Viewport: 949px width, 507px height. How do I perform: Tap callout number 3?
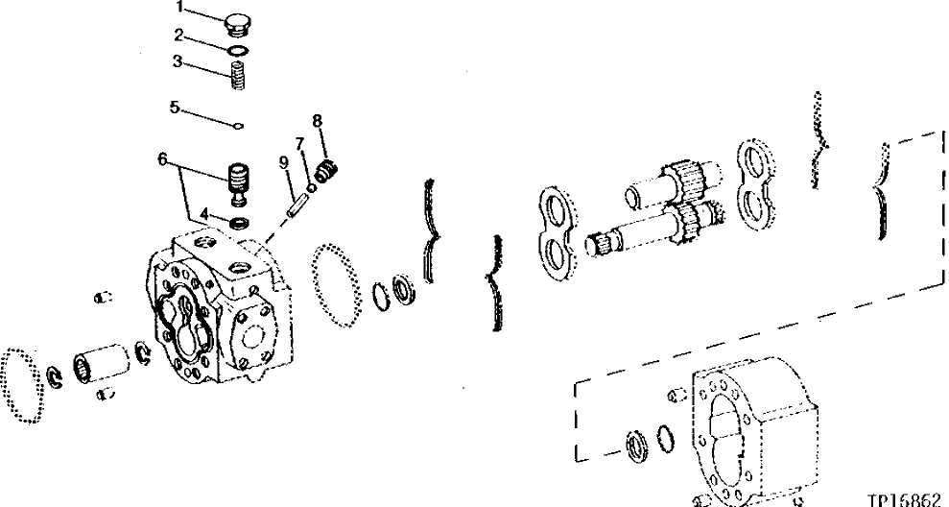pos(178,60)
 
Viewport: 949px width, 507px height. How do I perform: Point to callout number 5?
pos(175,108)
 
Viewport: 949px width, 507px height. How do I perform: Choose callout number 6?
pos(163,158)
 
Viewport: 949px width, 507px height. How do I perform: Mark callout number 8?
pos(317,120)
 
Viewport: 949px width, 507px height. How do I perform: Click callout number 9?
pos(284,160)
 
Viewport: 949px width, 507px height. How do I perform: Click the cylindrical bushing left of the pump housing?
pos(99,365)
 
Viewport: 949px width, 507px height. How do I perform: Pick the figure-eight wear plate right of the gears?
pos(760,183)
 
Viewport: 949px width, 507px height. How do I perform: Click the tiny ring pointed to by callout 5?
pos(239,124)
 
